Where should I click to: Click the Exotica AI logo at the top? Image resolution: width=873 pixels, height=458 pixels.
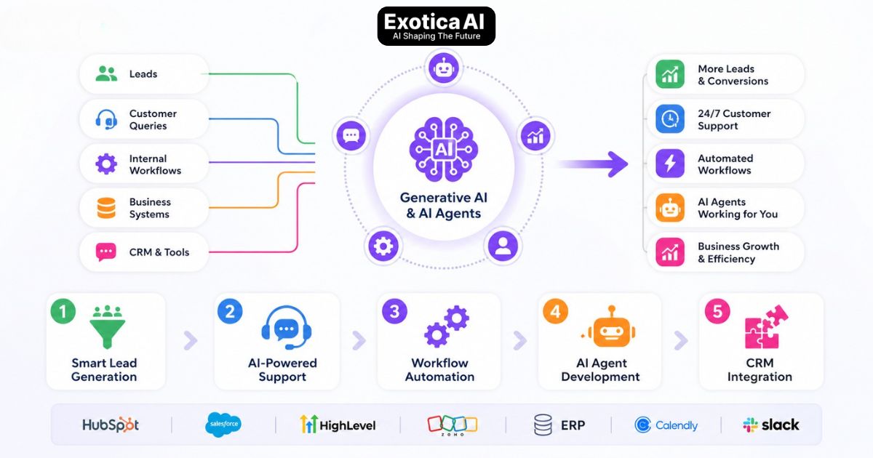pos(436,26)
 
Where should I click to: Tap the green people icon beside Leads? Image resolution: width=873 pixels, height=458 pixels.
pos(106,73)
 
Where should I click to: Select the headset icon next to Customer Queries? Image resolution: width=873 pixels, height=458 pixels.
pos(106,119)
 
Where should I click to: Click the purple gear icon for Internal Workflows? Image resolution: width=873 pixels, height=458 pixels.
pos(106,164)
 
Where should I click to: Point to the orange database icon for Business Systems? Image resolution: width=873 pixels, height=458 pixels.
pos(106,208)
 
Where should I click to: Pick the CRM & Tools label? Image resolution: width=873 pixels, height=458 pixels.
pos(159,252)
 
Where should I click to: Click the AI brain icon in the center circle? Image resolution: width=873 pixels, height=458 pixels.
pos(442,150)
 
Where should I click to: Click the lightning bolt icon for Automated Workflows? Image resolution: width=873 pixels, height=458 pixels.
pos(669,164)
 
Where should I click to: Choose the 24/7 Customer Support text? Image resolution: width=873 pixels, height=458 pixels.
pos(733,119)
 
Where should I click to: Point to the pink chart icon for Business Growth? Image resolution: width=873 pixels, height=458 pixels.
pos(669,252)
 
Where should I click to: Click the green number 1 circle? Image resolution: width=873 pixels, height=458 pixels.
pos(63,312)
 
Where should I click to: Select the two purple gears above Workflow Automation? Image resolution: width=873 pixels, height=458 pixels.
pos(446,326)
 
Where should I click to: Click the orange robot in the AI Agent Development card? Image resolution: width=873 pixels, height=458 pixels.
pos(603,327)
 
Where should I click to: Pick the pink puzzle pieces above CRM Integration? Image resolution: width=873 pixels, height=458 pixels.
pos(765,326)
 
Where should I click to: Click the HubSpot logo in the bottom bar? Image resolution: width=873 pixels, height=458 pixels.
pos(111,425)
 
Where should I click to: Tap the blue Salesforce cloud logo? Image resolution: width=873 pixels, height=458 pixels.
pos(223,425)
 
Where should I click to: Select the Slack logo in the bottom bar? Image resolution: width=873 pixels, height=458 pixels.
pos(770,425)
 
